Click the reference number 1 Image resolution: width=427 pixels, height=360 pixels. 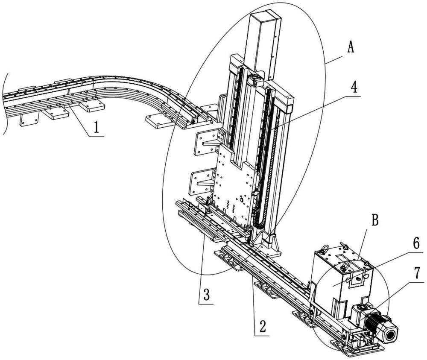click(x=98, y=128)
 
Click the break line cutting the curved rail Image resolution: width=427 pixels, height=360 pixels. click(x=5, y=102)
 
